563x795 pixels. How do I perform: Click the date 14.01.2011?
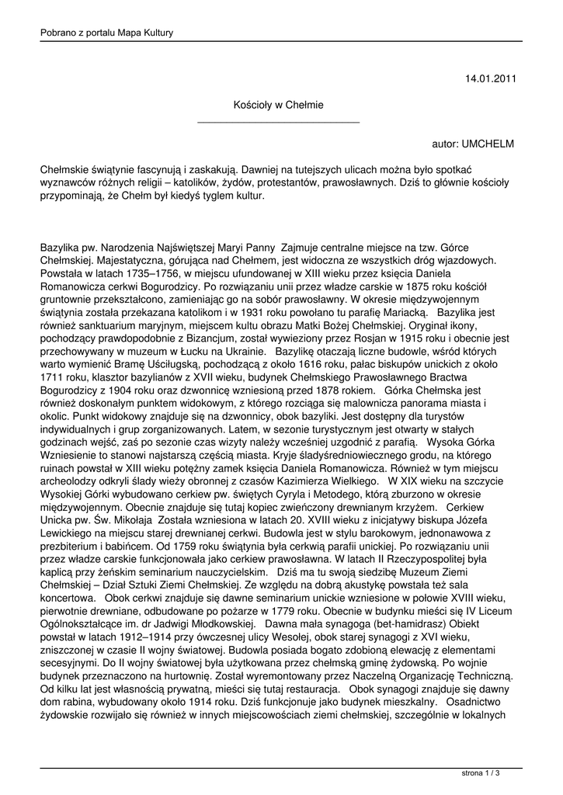489,78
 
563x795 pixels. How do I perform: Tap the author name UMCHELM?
487,144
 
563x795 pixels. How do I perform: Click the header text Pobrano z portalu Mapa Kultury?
106,32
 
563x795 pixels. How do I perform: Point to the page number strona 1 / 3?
480,773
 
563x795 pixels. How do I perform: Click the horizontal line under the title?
278,122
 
